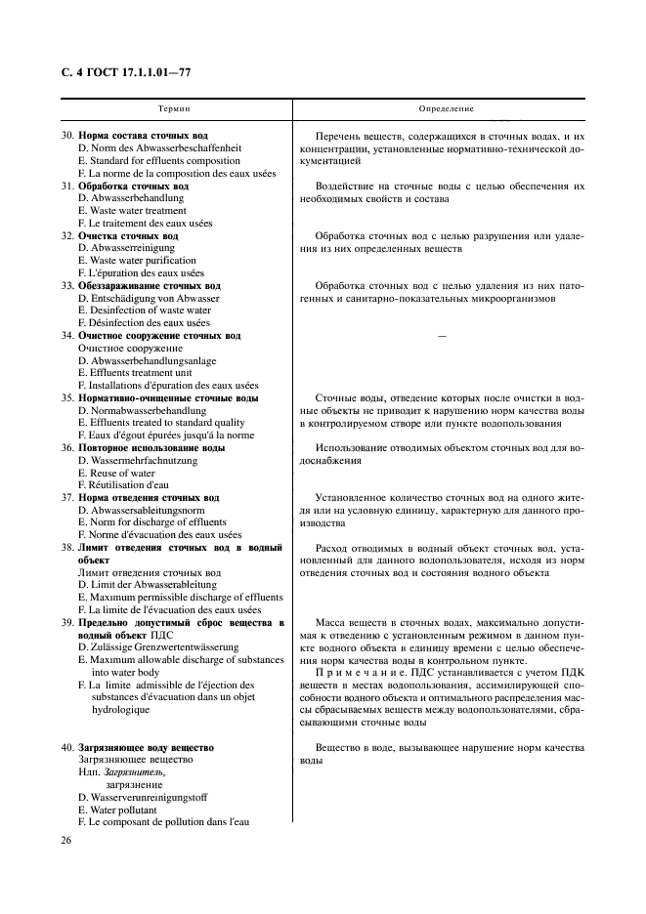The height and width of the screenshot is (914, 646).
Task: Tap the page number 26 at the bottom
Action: [66, 840]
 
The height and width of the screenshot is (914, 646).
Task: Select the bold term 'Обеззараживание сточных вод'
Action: [154, 286]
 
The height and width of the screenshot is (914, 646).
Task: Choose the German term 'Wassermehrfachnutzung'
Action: [143, 460]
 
